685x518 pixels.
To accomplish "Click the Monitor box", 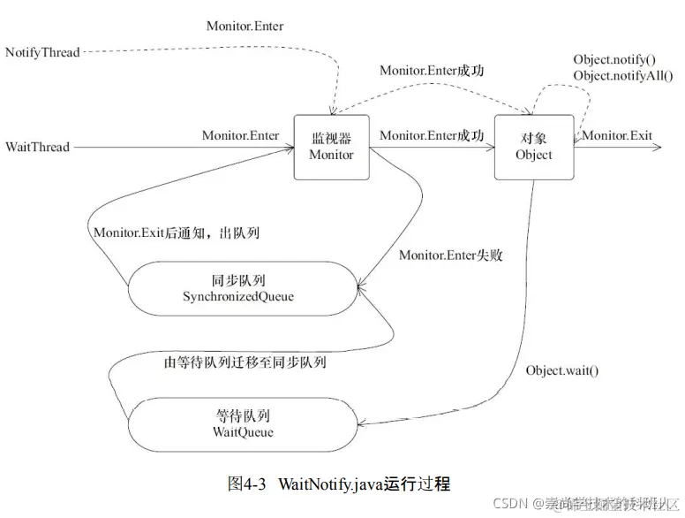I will pyautogui.click(x=332, y=147).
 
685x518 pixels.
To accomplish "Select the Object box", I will pyautogui.click(x=533, y=147).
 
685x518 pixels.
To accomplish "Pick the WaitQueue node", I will pyautogui.click(x=243, y=424).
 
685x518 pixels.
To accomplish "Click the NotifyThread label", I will pyautogui.click(x=42, y=52).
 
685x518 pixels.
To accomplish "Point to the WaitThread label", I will pyautogui.click(x=37, y=147).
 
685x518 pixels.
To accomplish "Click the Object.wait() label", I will pyautogui.click(x=561, y=369).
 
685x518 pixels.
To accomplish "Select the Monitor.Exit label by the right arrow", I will pyautogui.click(x=617, y=135).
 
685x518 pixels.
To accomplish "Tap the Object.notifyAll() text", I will pyautogui.click(x=616, y=76).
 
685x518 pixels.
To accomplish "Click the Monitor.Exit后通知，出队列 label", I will pyautogui.click(x=176, y=233).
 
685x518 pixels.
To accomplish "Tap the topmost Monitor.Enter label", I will pyautogui.click(x=245, y=27).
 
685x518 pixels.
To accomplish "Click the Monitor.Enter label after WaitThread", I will pyautogui.click(x=240, y=135).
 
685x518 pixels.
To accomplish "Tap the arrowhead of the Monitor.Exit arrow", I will pyautogui.click(x=656, y=147).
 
